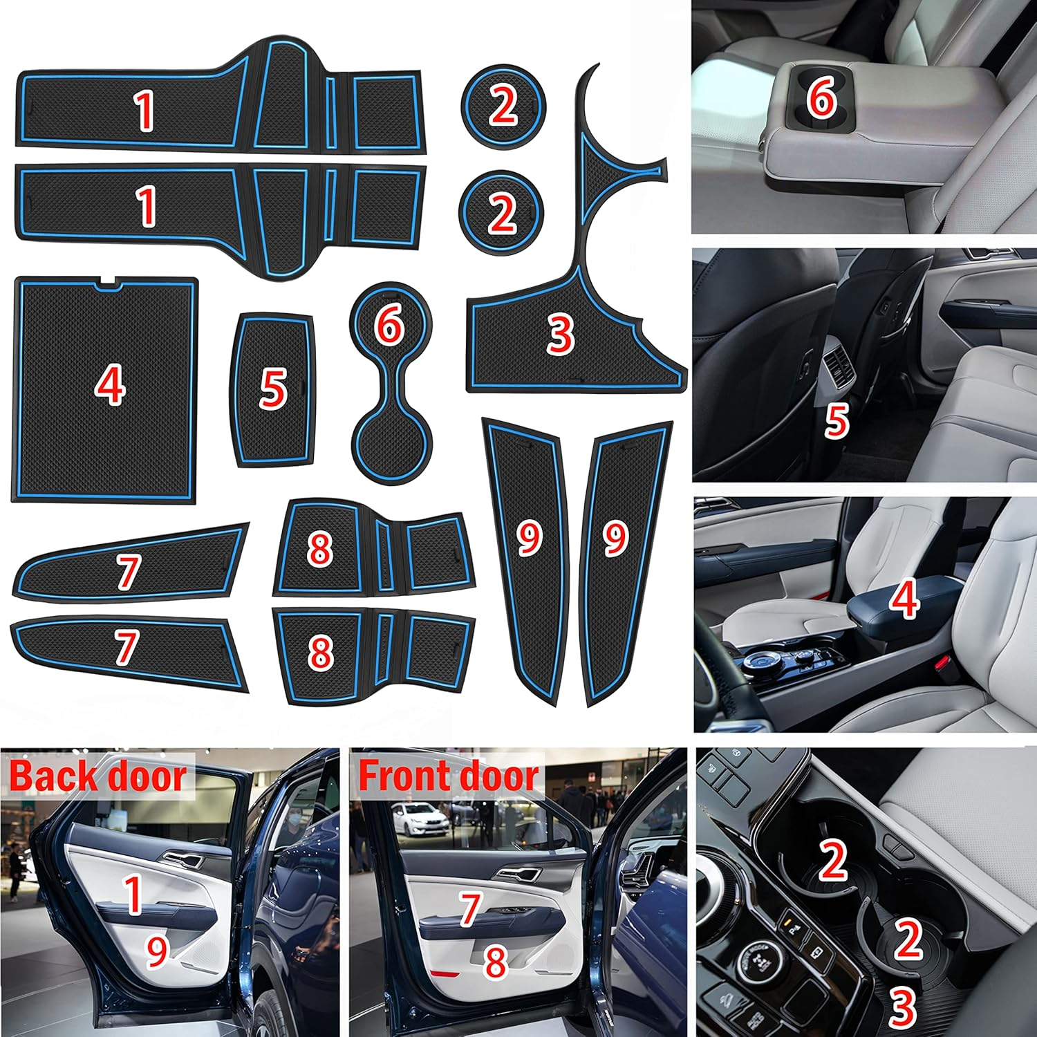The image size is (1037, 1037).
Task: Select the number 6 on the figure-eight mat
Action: (389, 323)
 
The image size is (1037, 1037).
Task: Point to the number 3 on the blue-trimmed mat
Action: (560, 334)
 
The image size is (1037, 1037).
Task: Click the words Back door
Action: (98, 776)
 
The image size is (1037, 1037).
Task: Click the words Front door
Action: (448, 776)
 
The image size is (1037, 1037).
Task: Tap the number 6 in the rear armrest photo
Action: (821, 99)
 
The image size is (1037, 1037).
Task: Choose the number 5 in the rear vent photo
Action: (837, 420)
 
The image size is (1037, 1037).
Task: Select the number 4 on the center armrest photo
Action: (904, 599)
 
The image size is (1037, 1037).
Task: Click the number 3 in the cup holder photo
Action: (902, 1007)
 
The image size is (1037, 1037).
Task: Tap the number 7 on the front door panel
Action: (470, 908)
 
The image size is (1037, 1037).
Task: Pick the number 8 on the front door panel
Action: (495, 961)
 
